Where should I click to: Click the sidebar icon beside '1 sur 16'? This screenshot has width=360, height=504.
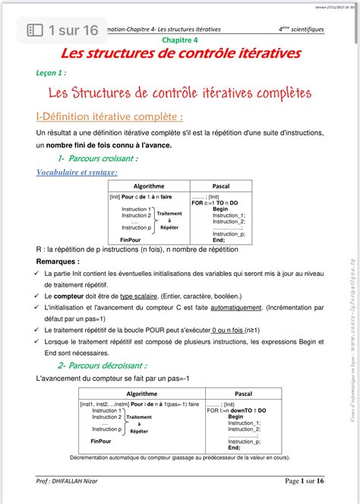click(x=35, y=30)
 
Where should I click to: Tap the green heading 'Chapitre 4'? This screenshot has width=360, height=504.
click(x=179, y=40)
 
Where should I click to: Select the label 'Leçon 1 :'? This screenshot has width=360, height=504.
click(x=52, y=74)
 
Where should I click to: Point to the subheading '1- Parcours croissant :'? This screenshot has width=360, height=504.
click(x=97, y=159)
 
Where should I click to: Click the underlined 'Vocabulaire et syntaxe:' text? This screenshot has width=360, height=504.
click(x=77, y=173)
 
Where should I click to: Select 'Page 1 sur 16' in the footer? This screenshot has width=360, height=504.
click(x=304, y=481)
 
